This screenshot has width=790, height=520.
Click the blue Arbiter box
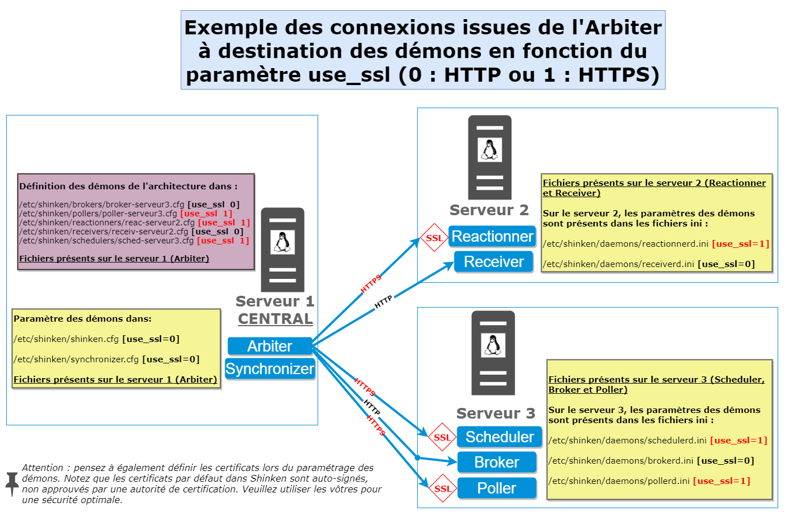[270, 346]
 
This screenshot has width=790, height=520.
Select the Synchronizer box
[270, 368]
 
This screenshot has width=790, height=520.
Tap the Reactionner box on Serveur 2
[492, 237]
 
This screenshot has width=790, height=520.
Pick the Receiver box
[493, 262]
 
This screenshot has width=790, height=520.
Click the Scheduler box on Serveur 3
[499, 437]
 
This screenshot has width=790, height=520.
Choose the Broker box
[497, 462]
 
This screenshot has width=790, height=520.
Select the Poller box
[497, 488]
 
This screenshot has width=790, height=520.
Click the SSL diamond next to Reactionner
[434, 238]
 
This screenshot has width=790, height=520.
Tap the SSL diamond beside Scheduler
[442, 437]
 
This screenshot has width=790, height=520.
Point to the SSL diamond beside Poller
[443, 488]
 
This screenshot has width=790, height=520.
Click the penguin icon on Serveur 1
[283, 242]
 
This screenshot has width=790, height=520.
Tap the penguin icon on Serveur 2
[489, 150]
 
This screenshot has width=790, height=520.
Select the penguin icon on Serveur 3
[493, 345]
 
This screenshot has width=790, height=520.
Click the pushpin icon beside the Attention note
[12, 483]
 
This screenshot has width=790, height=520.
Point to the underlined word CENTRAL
[275, 319]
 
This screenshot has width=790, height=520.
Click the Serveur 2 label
[489, 210]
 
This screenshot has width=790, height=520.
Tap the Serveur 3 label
[496, 414]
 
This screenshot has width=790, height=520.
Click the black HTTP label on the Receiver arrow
[383, 302]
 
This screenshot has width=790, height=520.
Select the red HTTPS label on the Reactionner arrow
[371, 283]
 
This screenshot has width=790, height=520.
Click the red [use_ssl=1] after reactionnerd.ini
[740, 244]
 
